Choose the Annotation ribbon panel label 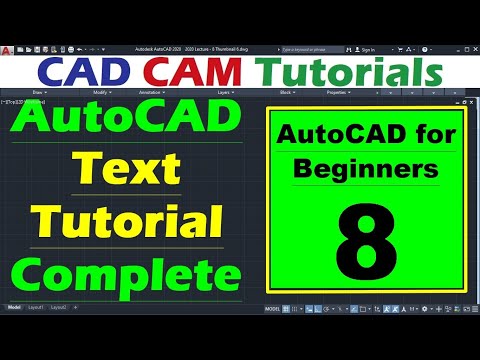[150, 92]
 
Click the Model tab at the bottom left [13, 307]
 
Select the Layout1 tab [37, 307]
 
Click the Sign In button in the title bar [366, 49]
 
